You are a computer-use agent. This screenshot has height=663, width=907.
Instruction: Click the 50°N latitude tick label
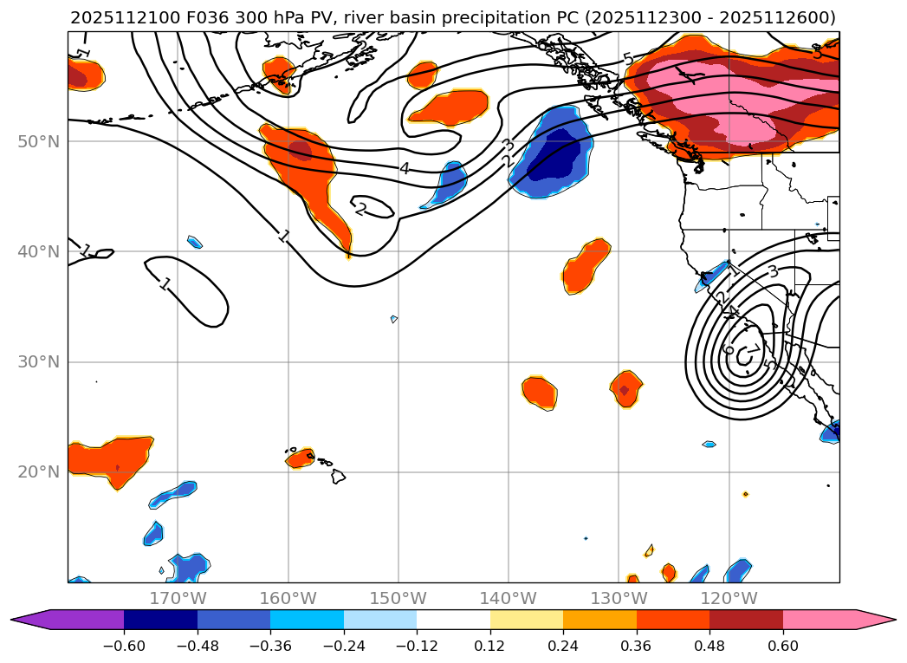38,141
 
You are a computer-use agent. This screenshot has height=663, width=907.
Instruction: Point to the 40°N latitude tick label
38,252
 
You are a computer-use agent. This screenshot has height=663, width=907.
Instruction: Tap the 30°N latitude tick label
38,362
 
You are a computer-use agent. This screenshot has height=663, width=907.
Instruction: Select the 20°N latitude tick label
38,472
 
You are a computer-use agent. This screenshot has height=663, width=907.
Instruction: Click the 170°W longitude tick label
178,598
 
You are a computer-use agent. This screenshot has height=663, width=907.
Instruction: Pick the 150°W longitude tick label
398,598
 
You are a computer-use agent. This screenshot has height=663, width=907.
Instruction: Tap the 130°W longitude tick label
619,598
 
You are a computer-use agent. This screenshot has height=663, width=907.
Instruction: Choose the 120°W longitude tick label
729,598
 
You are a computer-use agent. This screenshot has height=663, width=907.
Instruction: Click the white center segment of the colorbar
453,620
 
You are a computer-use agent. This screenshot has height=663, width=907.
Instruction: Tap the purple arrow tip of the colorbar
26,620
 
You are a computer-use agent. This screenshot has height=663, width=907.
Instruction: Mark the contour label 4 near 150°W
405,168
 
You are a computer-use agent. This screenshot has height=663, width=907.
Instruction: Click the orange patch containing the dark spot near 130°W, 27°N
625,387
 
